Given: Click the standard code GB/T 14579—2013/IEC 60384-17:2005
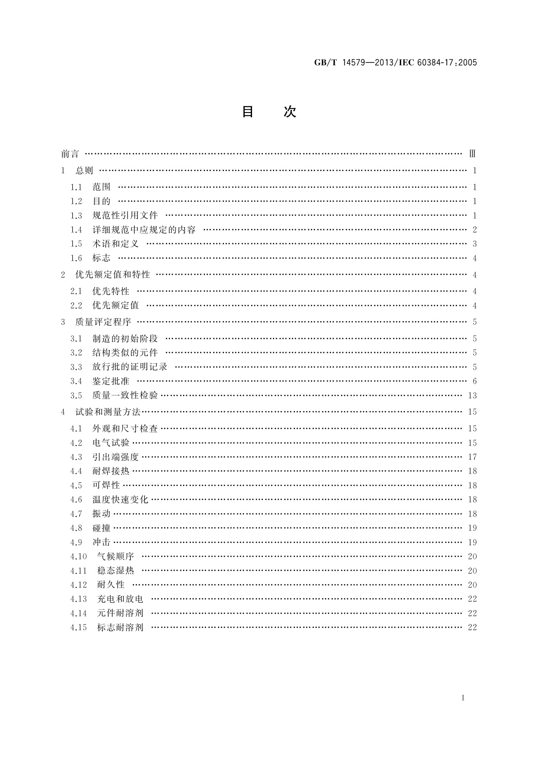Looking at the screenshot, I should tap(395, 63).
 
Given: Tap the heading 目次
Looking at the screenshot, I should tap(269, 112).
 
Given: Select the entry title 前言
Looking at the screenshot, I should tap(70, 154).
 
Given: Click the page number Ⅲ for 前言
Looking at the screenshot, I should tap(473, 154).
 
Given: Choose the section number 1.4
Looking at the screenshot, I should tap(76, 230).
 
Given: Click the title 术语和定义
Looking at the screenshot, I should tap(116, 244).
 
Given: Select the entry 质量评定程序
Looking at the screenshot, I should tap(103, 322).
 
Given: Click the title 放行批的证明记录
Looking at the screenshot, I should tap(130, 367).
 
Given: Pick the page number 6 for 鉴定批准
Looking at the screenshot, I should tap(474, 381).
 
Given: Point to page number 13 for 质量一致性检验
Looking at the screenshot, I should tap(473, 396).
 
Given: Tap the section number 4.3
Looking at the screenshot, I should tap(76, 457).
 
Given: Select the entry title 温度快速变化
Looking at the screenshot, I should tap(121, 500).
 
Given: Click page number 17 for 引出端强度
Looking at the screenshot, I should tap(473, 457).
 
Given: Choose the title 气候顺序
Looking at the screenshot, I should tap(116, 556).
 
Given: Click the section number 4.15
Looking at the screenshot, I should tap(78, 627).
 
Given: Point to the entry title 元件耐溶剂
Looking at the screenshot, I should tap(120, 613).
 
